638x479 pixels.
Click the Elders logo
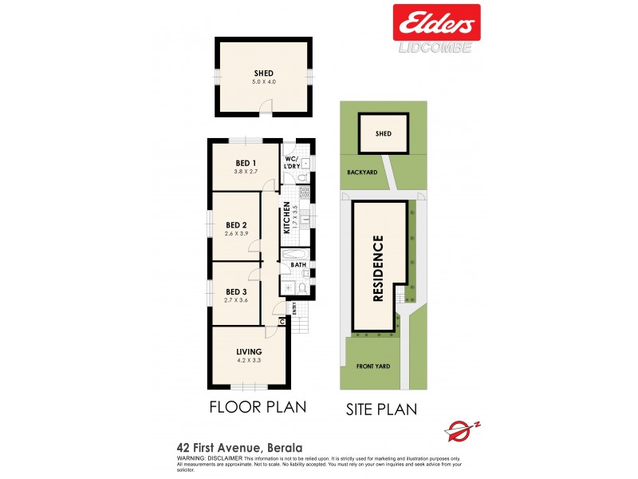(435, 22)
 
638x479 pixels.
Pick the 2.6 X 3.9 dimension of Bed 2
(237, 233)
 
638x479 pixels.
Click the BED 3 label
(237, 291)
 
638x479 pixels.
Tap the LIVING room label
(249, 351)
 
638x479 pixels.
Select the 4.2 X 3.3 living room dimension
(249, 360)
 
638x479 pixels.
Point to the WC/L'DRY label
(293, 162)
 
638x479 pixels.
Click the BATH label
(298, 264)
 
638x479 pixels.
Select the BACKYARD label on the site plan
(361, 172)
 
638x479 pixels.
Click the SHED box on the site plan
(384, 133)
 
